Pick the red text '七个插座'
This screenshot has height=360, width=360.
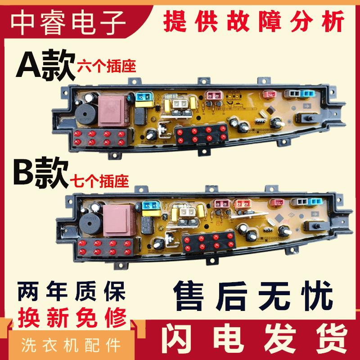99,181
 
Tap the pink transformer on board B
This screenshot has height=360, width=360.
116,216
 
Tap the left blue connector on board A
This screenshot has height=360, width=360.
143,96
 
